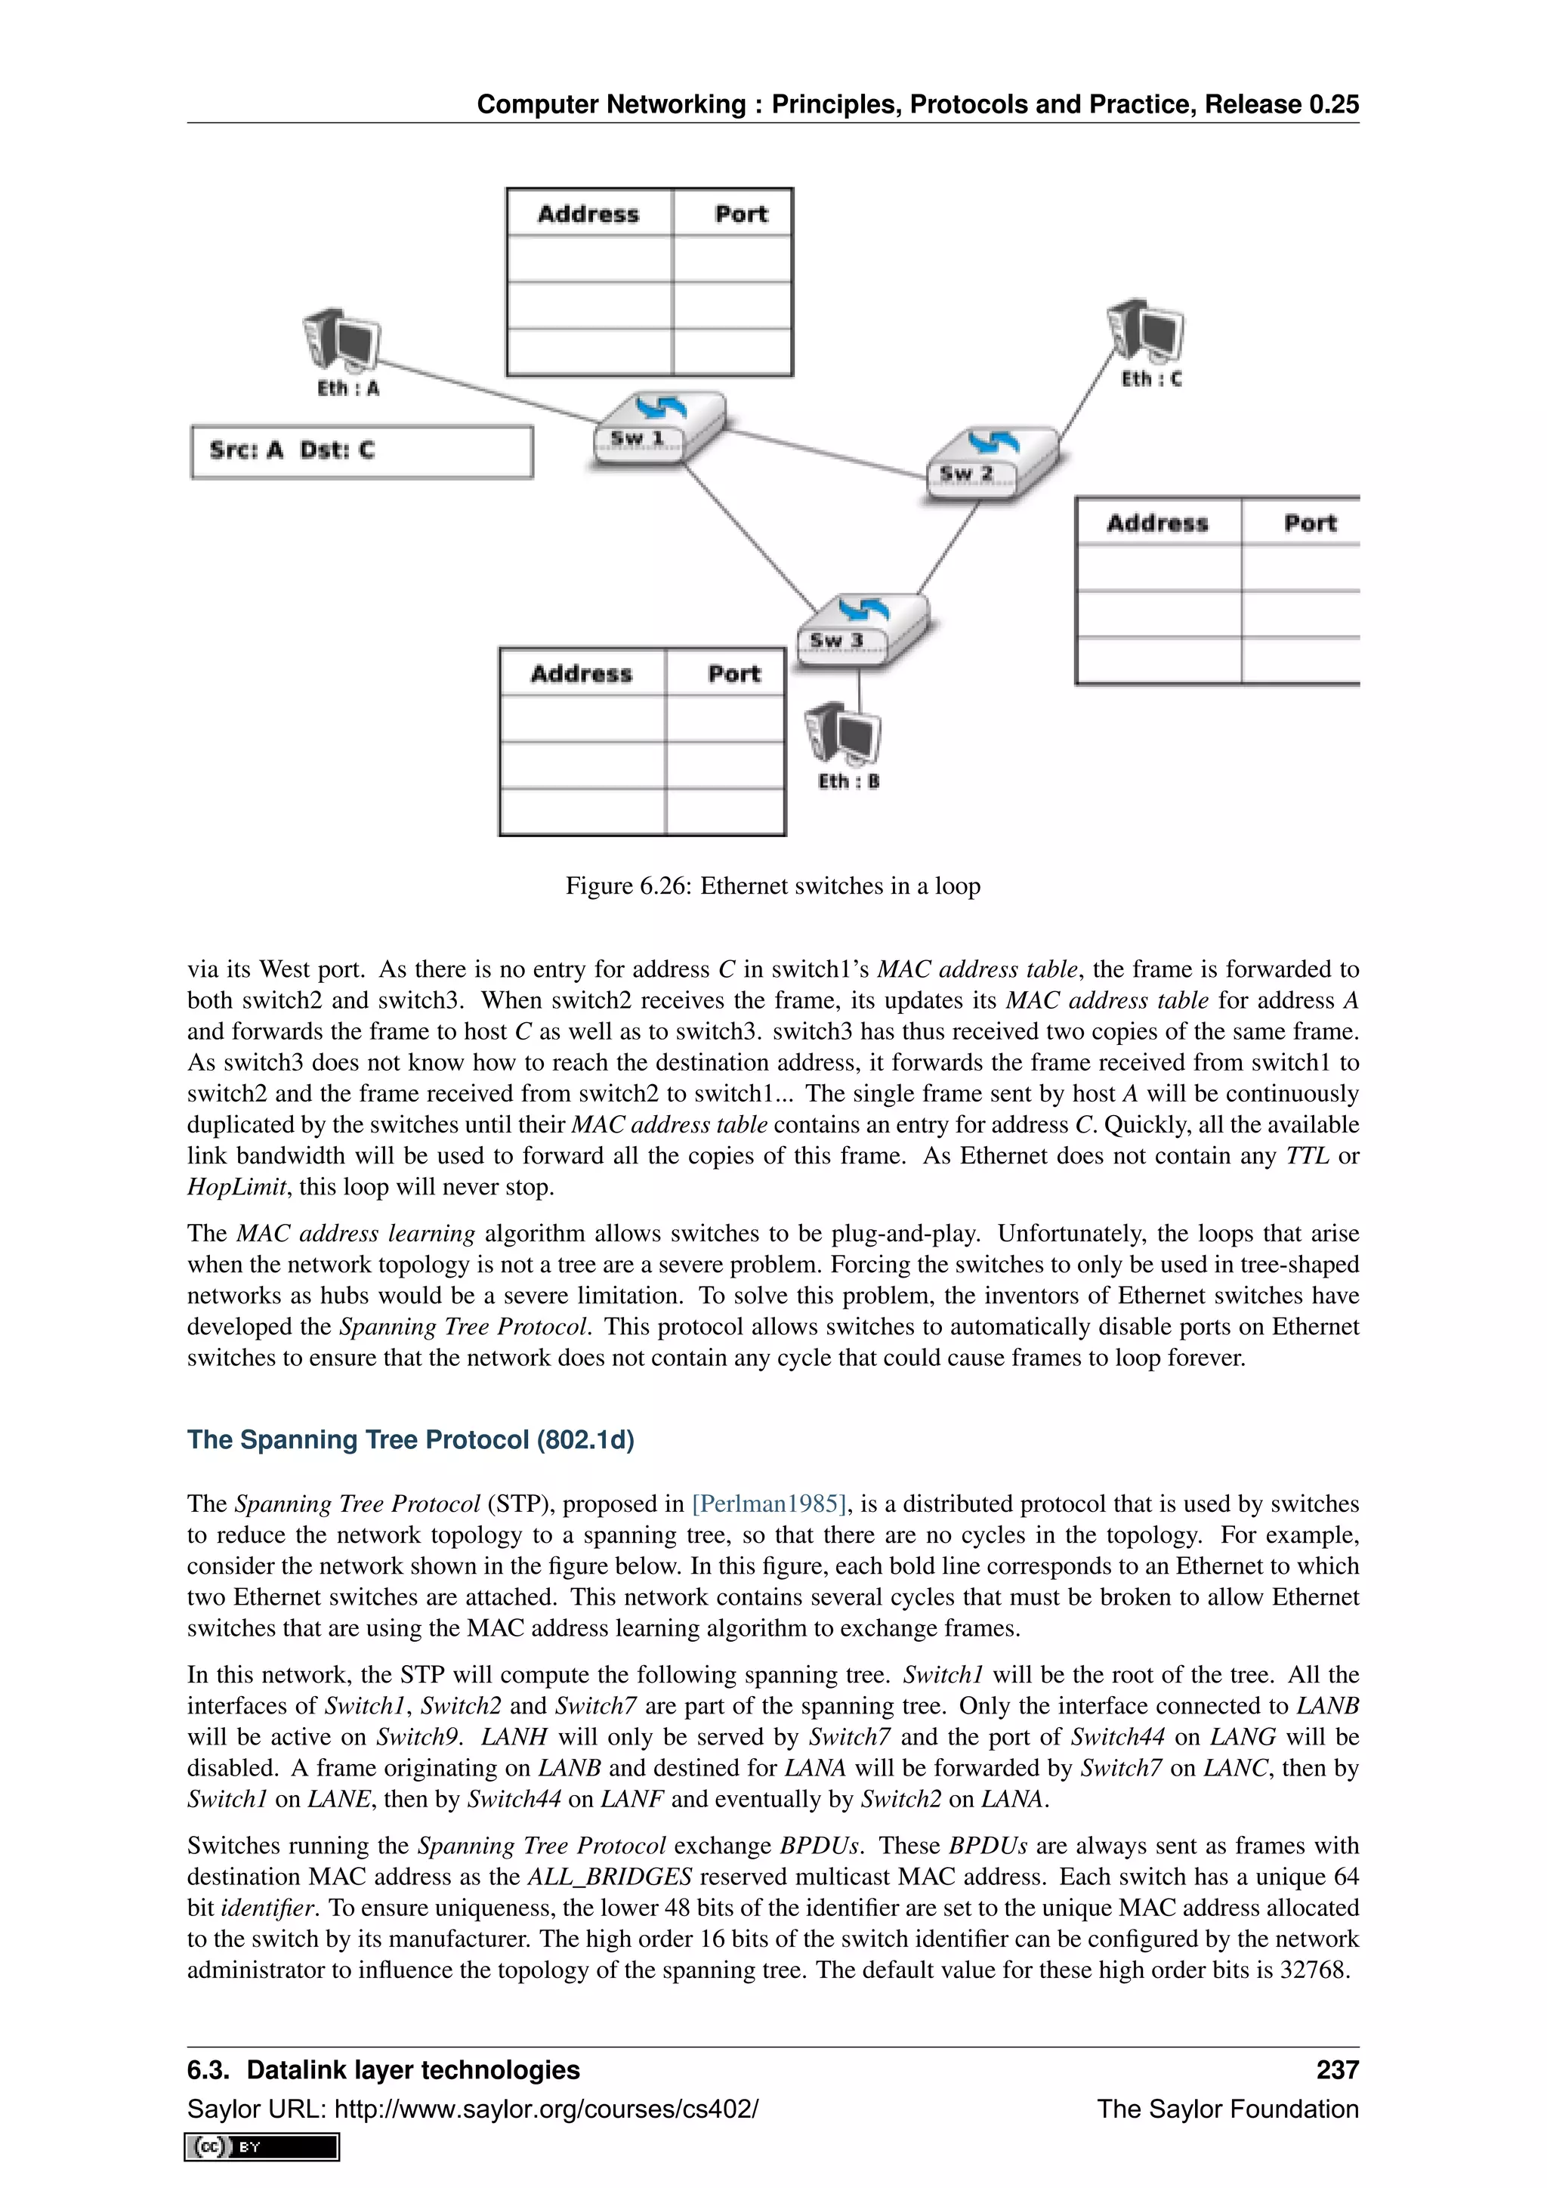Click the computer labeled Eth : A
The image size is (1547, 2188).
click(x=341, y=339)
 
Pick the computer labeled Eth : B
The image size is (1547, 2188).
click(x=842, y=734)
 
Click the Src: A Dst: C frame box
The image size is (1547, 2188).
click(x=361, y=451)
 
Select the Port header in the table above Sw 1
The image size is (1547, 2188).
click(x=740, y=215)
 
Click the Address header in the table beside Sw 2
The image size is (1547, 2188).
click(x=1156, y=523)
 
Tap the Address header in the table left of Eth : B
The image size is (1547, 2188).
click(x=581, y=674)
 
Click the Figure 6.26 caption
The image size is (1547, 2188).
click(x=773, y=886)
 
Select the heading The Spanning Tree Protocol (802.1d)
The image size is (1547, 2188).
click(x=411, y=1439)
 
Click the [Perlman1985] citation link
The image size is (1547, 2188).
click(x=770, y=1503)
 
